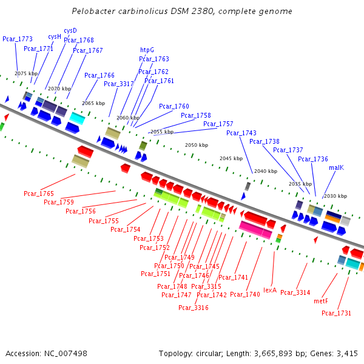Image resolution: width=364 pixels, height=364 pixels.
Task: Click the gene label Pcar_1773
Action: (x=18, y=39)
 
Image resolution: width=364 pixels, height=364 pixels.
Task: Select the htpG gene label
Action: (x=147, y=50)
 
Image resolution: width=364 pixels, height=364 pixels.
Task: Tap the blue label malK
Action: (x=336, y=167)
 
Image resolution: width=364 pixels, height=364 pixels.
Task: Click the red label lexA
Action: (x=270, y=290)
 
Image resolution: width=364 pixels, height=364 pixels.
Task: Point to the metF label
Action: (x=321, y=301)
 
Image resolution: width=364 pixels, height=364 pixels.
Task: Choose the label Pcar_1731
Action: (x=336, y=313)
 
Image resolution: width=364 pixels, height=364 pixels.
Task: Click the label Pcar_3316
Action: (x=194, y=308)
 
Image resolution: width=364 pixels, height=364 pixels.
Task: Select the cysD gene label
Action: (x=70, y=30)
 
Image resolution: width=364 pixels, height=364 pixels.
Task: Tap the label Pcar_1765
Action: (x=39, y=194)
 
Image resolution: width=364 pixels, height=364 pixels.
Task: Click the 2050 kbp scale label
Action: (x=197, y=145)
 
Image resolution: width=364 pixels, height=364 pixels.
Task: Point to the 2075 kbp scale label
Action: (x=26, y=73)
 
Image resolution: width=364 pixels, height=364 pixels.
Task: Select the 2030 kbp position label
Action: (x=335, y=196)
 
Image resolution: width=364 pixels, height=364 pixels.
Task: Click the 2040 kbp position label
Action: (x=265, y=171)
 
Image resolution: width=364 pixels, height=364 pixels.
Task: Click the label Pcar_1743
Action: (x=241, y=133)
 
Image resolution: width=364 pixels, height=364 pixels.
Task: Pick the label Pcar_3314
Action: (x=295, y=292)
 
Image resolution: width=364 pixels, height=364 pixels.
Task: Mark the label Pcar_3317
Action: (x=119, y=84)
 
